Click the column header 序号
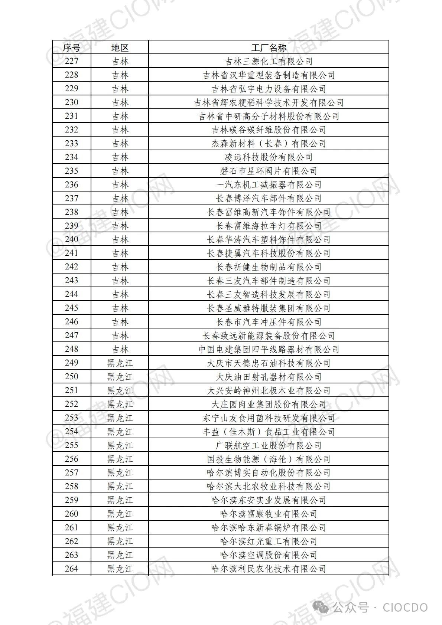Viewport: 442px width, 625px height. pyautogui.click(x=71, y=48)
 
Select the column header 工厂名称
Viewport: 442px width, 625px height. pyautogui.click(x=269, y=48)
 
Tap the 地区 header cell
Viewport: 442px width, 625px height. pyautogui.click(x=120, y=48)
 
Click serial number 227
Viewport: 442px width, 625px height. pyautogui.click(x=71, y=61)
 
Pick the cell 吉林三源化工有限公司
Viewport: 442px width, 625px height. pyautogui.click(x=269, y=61)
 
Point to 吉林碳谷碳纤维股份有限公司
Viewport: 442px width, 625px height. pyautogui.click(x=269, y=130)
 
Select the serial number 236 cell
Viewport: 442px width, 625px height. pyautogui.click(x=71, y=185)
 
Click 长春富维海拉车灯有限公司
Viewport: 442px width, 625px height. pyautogui.click(x=269, y=226)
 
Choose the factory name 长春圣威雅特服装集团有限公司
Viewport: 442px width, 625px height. pyautogui.click(x=269, y=308)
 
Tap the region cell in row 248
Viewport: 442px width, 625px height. pyautogui.click(x=120, y=349)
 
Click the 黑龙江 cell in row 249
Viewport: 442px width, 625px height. pyautogui.click(x=120, y=363)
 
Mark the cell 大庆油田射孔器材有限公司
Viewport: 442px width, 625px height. pyautogui.click(x=269, y=377)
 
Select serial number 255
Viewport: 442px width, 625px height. pyautogui.click(x=71, y=445)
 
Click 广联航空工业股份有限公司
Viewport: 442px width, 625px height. pyautogui.click(x=269, y=445)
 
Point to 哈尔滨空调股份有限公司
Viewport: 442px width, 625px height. pyautogui.click(x=269, y=555)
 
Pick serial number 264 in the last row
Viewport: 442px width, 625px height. pyautogui.click(x=71, y=569)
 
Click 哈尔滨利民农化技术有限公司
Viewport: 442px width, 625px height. pyautogui.click(x=269, y=569)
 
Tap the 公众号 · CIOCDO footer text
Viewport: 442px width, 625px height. pyautogui.click(x=379, y=608)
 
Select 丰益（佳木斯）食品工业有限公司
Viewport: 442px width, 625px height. pyautogui.click(x=269, y=432)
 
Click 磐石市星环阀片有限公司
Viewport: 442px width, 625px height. pyautogui.click(x=269, y=171)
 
